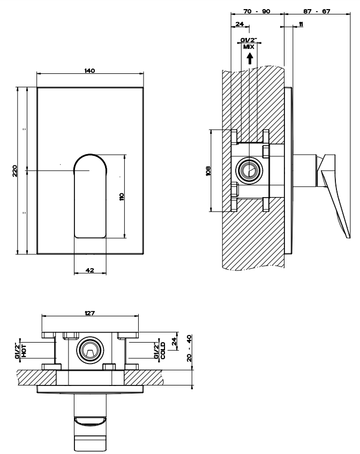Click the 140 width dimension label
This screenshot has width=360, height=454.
(89, 70)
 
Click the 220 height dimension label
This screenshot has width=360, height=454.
(14, 171)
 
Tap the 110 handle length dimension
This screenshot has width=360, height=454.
(122, 196)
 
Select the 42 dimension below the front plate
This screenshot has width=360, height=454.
(90, 270)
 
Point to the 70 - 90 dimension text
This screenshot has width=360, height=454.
(257, 11)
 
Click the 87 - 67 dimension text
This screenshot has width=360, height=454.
(317, 11)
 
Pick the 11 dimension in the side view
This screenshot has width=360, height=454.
(301, 24)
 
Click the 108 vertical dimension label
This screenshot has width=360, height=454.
(208, 171)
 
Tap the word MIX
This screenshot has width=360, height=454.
(249, 47)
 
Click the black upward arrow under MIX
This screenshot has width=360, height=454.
(250, 59)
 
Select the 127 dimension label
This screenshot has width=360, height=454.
(90, 313)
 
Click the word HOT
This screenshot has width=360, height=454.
(24, 351)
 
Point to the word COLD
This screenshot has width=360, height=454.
(163, 350)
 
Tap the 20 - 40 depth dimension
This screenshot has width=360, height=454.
(189, 348)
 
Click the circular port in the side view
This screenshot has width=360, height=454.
(249, 171)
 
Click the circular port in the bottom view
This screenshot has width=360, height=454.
(89, 350)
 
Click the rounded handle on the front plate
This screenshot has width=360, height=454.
(91, 196)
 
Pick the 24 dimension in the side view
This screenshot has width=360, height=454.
(239, 24)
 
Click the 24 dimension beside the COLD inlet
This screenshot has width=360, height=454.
(174, 342)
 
